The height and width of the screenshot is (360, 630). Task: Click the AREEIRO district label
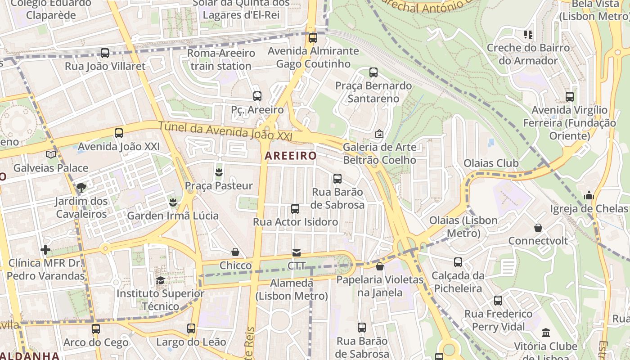(x=290, y=156)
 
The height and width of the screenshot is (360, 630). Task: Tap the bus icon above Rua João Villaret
(x=105, y=53)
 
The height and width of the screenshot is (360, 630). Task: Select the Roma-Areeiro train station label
(x=221, y=59)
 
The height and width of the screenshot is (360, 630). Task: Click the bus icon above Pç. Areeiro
(x=257, y=96)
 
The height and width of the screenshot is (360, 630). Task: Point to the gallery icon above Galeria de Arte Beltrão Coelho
(x=379, y=134)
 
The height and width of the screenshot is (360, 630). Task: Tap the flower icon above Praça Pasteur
(x=219, y=172)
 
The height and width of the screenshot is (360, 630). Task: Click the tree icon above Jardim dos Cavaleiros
(x=81, y=187)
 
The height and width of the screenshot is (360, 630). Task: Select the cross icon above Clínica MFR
(x=45, y=249)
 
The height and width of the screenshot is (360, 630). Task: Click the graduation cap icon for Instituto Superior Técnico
(x=160, y=280)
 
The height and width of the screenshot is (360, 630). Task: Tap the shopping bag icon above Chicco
(x=235, y=252)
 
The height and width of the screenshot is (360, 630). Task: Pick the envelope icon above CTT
(x=297, y=252)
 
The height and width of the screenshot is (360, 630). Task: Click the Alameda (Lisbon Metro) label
(x=291, y=289)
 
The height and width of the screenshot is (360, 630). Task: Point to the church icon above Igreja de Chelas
(x=589, y=195)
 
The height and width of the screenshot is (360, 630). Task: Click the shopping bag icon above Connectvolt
(x=538, y=228)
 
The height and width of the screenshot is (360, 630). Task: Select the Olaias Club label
(x=491, y=163)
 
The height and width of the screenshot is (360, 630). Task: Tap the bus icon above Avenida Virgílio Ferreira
(x=570, y=97)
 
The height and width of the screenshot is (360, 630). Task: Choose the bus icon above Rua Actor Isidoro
(x=295, y=209)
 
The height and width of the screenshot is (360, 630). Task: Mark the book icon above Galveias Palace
(x=51, y=154)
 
